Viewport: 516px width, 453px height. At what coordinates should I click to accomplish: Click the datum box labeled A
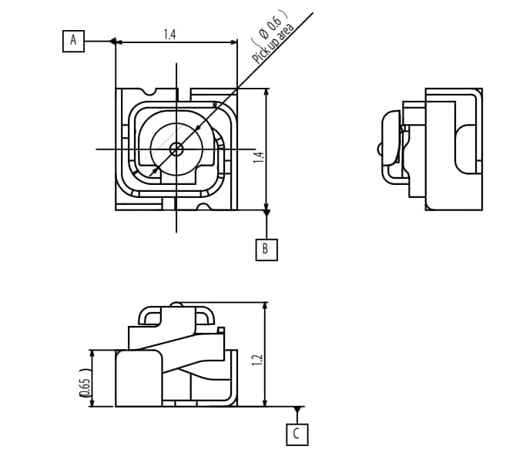coord(74,40)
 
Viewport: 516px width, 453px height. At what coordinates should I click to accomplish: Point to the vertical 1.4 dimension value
coord(260,158)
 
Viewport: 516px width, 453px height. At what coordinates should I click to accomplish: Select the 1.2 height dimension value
coord(258,359)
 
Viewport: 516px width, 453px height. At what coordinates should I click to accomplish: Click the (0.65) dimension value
coord(85,387)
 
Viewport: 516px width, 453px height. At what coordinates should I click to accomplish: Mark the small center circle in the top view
coord(176,149)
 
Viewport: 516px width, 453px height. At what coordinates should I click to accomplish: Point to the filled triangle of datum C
coord(297,409)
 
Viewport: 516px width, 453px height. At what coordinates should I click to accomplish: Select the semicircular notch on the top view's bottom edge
coord(203,206)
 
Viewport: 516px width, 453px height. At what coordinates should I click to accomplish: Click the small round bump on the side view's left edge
coord(379,147)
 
